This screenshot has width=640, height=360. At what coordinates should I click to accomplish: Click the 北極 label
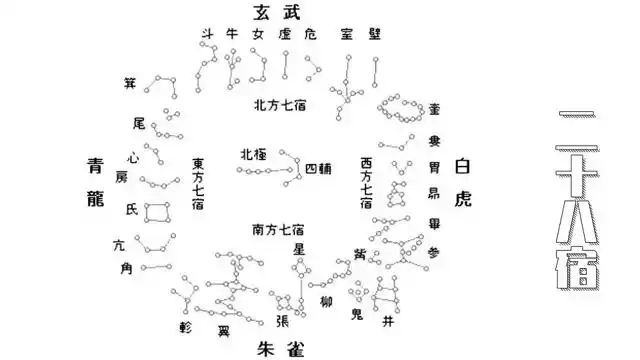(253, 154)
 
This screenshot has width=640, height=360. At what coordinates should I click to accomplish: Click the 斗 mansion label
(207, 35)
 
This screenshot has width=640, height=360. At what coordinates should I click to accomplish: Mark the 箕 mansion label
(130, 82)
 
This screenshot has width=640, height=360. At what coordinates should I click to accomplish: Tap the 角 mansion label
(126, 267)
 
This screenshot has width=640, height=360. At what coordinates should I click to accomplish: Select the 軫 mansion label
(184, 326)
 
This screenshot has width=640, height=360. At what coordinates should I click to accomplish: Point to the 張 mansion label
(282, 321)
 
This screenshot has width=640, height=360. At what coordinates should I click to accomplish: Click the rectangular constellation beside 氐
(157, 211)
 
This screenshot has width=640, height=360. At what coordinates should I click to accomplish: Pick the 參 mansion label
(433, 253)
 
